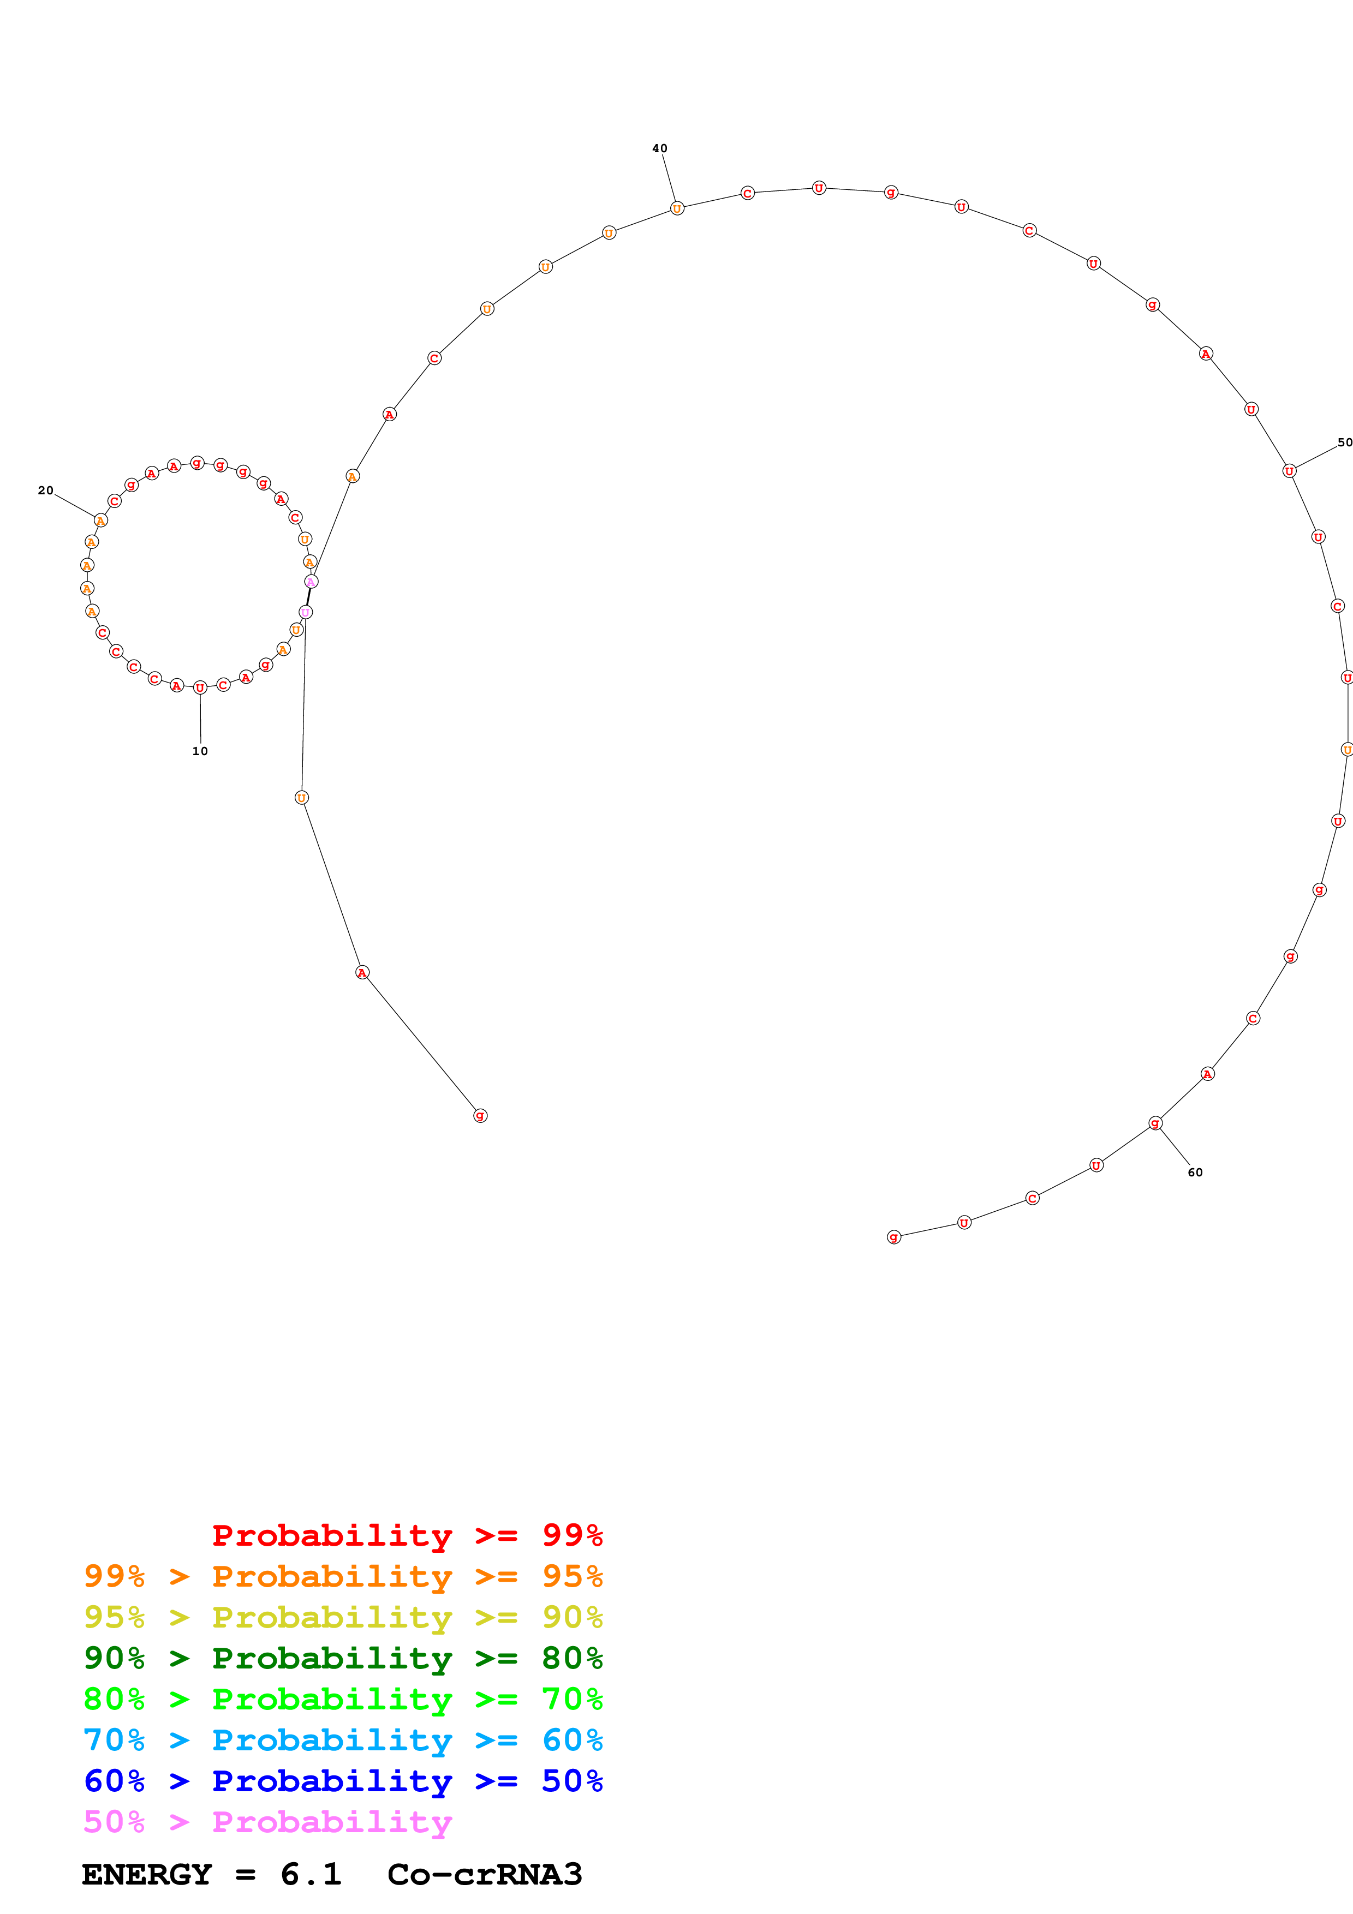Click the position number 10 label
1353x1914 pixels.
coord(200,751)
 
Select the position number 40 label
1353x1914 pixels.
coord(659,148)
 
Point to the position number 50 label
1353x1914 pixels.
coord(1344,442)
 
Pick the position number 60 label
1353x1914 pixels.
coord(1195,1172)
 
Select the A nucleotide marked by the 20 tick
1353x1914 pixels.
coord(101,520)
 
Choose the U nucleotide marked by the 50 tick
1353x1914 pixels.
coord(1289,471)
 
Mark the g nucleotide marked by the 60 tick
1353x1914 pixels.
coord(1154,1123)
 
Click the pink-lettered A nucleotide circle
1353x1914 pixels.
coord(311,581)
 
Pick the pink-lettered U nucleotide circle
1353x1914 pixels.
coord(305,612)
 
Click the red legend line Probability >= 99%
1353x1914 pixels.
coord(407,1535)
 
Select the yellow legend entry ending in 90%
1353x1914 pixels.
coord(343,1617)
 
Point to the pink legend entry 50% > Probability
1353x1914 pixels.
coord(267,1821)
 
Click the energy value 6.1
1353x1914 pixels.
coord(311,1874)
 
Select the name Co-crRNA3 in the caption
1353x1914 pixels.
coord(484,1874)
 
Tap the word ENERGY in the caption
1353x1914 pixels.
coord(147,1874)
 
